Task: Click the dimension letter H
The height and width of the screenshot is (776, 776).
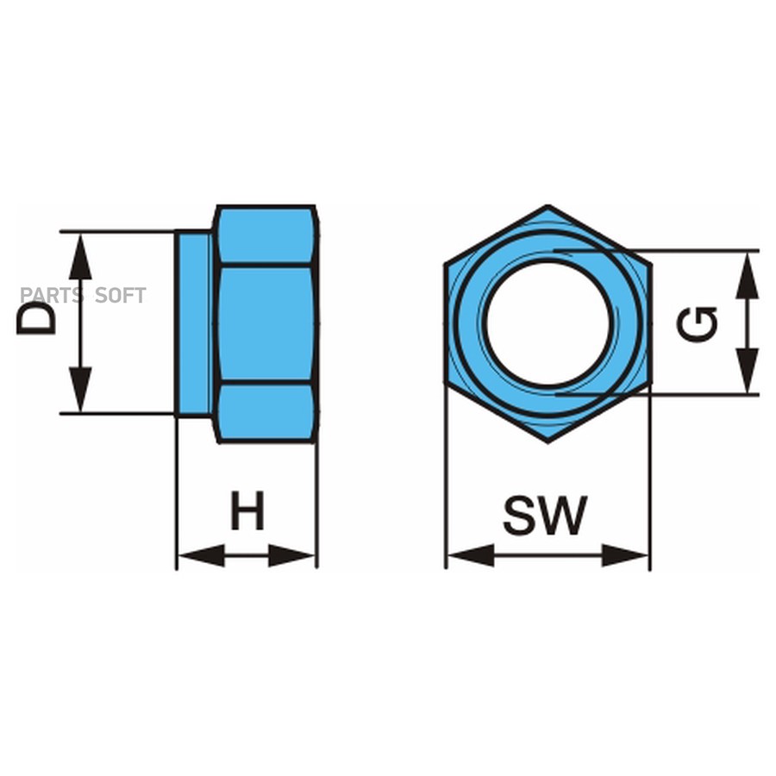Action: (x=247, y=511)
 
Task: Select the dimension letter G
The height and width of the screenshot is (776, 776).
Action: (x=698, y=323)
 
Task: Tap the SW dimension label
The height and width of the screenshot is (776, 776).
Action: (x=545, y=515)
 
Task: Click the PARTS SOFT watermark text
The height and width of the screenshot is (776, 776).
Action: (x=83, y=295)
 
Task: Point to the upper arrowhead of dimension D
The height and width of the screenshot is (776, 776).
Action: (x=80, y=254)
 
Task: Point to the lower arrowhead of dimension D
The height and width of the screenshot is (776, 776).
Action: (x=80, y=391)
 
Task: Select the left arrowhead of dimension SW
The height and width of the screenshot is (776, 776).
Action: (x=471, y=555)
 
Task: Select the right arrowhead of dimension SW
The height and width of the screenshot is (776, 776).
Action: (x=624, y=555)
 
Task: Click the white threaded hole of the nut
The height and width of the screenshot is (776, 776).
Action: (x=548, y=323)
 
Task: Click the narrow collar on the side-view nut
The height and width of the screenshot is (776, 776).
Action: (x=194, y=323)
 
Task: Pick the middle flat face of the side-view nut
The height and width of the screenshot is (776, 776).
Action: (x=265, y=323)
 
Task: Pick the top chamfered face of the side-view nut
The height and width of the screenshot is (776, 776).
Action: (x=265, y=236)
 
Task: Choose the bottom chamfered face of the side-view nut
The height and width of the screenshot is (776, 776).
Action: (x=265, y=412)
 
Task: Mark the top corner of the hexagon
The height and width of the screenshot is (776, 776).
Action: (x=548, y=207)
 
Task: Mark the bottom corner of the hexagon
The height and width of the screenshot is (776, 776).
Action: (x=548, y=441)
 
